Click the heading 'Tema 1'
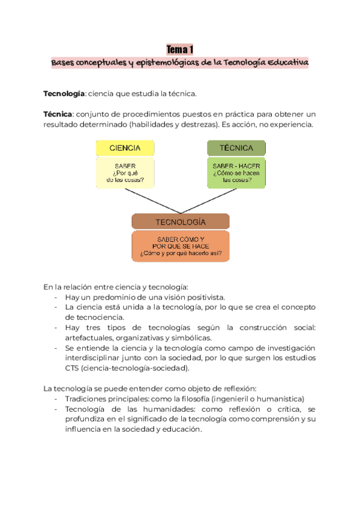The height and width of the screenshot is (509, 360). [x=179, y=49]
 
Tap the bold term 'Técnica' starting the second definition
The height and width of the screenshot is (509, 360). [x=57, y=113]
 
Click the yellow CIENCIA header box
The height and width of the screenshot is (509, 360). [x=125, y=148]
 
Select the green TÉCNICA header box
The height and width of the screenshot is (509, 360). [x=236, y=148]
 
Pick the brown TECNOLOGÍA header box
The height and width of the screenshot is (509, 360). [x=181, y=221]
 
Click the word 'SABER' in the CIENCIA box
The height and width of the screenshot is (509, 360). [x=125, y=165]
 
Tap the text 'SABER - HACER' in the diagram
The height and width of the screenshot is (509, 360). [x=236, y=165]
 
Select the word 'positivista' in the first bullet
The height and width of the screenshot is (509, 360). [x=205, y=297]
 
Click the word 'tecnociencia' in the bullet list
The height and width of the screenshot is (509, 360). [x=94, y=316]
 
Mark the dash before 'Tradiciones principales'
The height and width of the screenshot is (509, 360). [x=55, y=399]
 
